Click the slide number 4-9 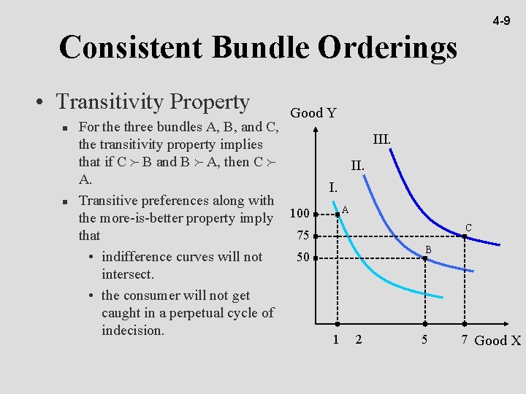[500, 21]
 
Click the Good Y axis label [313, 112]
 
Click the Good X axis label [497, 340]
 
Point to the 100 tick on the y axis [300, 214]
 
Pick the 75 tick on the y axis [302, 236]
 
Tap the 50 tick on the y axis [302, 258]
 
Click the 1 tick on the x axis [336, 339]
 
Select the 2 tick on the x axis [358, 339]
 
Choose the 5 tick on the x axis [424, 339]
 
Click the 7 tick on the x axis [464, 339]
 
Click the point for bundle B [424, 258]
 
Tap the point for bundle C [464, 236]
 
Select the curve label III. [381, 139]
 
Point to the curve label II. [357, 166]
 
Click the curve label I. [332, 188]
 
